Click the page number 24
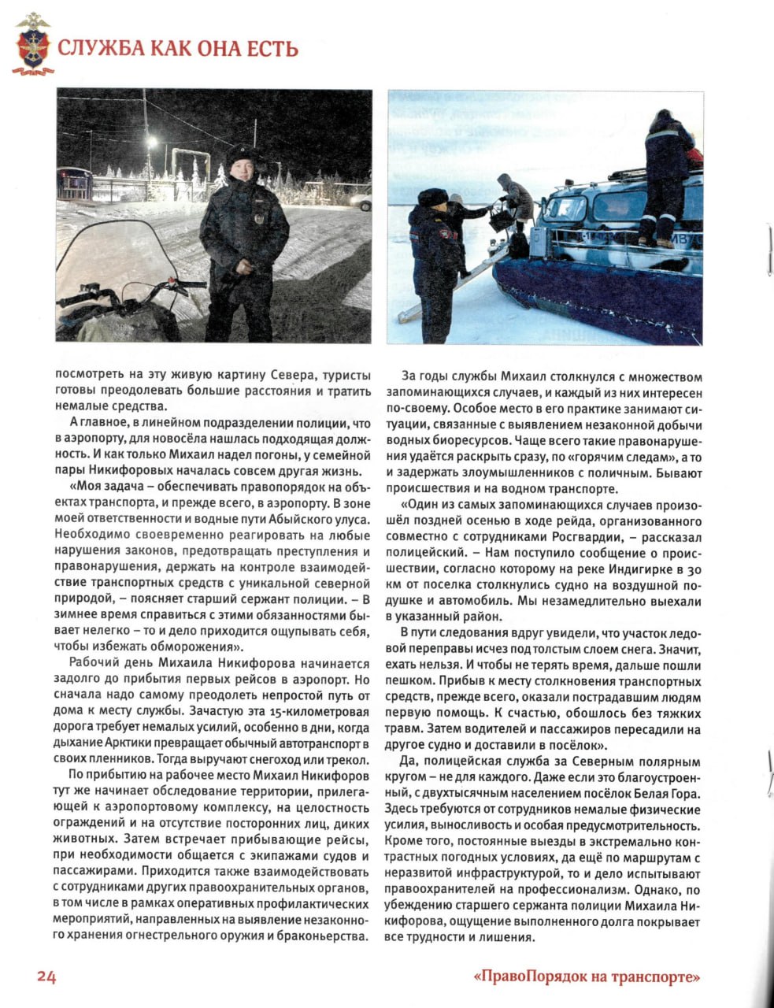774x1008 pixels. tap(46, 976)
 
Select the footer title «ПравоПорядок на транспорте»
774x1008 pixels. tap(587, 977)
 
